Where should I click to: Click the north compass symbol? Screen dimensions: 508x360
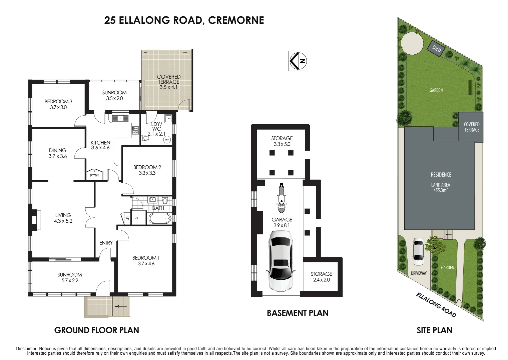[x=298, y=61]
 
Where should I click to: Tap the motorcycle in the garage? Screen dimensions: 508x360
[x=282, y=198]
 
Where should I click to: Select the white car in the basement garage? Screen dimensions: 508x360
[x=281, y=261]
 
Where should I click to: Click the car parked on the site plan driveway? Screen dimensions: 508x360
[x=418, y=252]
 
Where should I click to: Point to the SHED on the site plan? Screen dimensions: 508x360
[x=436, y=49]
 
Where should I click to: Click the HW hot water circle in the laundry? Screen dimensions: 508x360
[x=167, y=139]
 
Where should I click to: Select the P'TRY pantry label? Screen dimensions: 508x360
[x=94, y=176]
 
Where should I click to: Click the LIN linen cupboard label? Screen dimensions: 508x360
[x=127, y=218]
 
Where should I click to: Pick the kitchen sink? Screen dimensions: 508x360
[x=120, y=118]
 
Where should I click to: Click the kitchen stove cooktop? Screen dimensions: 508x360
[x=136, y=130]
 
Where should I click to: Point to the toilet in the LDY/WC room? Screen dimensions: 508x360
[x=145, y=138]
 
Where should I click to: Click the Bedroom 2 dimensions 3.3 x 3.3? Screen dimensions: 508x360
[x=147, y=173]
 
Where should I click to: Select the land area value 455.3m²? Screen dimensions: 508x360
[x=440, y=190]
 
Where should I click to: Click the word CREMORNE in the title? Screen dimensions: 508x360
[x=236, y=20]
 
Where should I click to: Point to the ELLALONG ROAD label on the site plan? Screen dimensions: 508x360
[x=436, y=305]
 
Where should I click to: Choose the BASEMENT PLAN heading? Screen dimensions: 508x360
[x=298, y=313]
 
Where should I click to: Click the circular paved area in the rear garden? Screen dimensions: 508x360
[x=412, y=43]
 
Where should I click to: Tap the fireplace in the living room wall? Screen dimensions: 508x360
[x=34, y=220]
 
